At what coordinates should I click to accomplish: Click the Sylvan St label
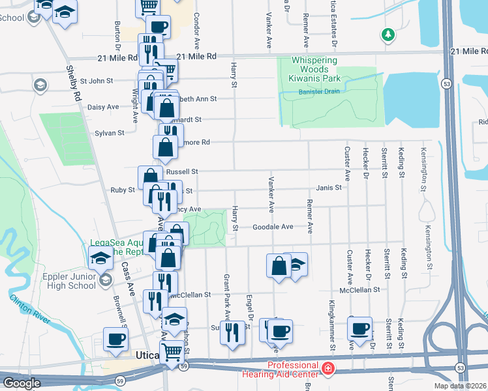110,133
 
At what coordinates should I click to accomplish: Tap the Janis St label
329,188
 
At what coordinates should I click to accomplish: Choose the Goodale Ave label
273,227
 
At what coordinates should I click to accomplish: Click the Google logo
22,383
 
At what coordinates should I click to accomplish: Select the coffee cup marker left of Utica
116,340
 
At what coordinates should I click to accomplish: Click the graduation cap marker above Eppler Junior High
100,257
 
